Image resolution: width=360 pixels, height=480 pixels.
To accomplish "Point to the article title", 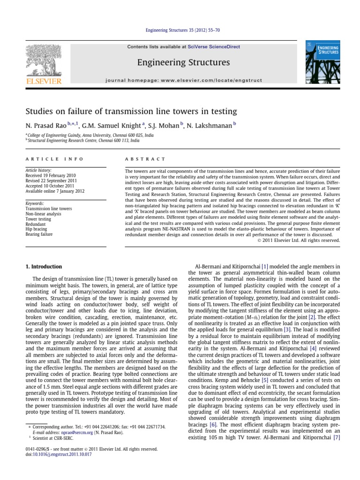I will point(131,111).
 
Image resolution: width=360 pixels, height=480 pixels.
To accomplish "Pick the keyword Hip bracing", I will point(36,228).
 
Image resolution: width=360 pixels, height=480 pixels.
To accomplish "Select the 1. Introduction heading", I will point(43,267).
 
